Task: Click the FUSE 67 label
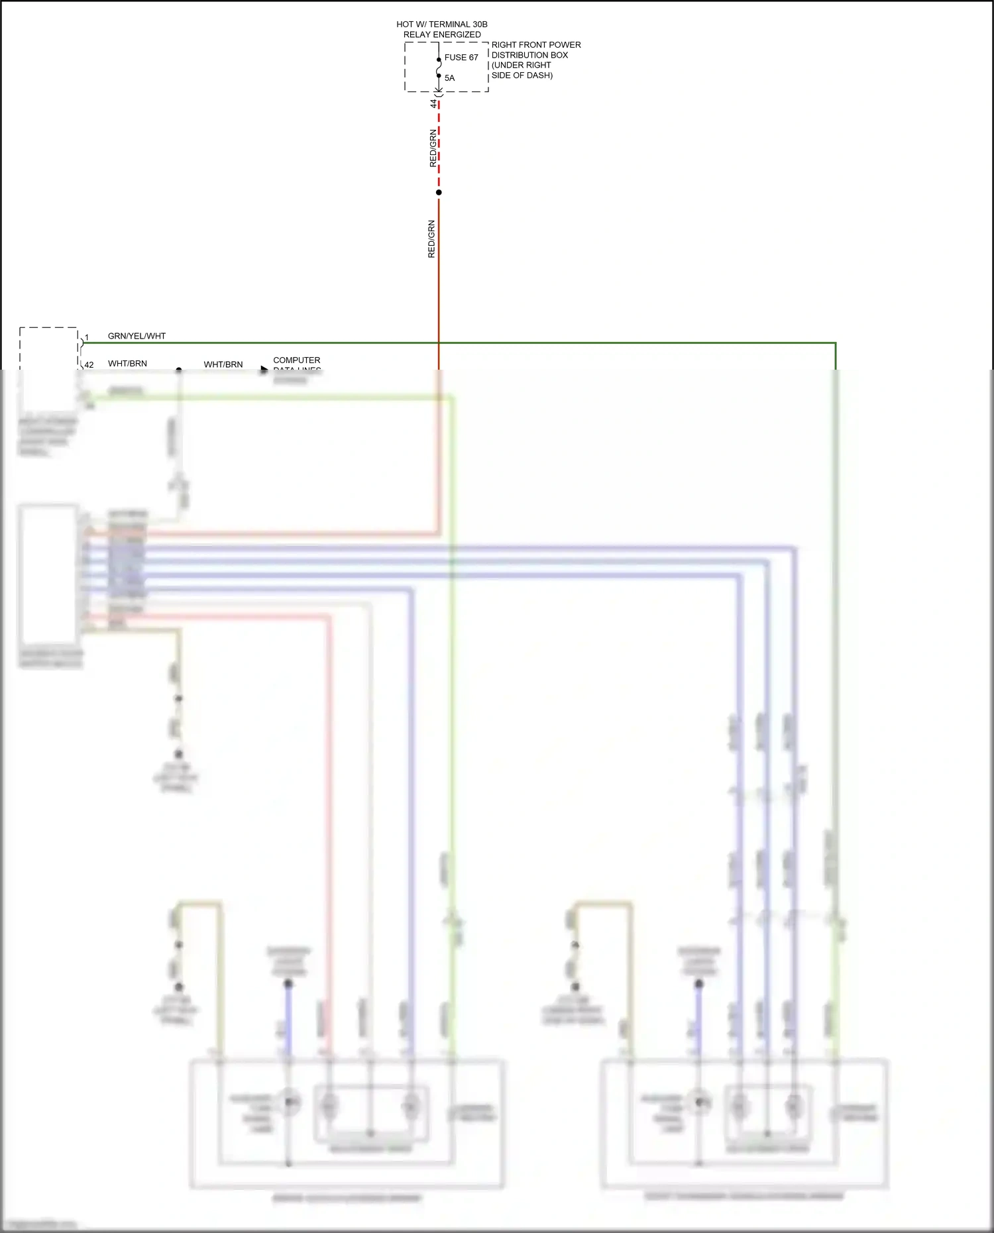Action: pos(461,58)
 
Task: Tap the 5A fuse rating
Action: pos(449,78)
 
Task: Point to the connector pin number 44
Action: pos(434,104)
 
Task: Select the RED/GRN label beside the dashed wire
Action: pos(433,148)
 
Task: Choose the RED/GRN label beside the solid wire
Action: pos(431,239)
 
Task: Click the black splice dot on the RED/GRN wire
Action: pos(439,193)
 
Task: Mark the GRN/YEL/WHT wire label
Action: pos(137,336)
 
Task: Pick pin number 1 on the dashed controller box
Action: pos(87,338)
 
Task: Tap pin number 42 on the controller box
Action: pos(89,365)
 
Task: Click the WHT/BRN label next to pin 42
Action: pos(127,364)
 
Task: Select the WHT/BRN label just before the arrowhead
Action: pos(223,364)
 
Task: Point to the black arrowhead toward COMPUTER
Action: pos(264,369)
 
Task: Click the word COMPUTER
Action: pos(296,360)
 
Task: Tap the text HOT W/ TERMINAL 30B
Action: pos(441,25)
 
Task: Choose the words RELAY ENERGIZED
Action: pos(442,34)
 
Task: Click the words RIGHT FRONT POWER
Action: pos(535,45)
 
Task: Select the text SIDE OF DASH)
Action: pos(522,76)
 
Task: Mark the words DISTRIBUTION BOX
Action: pos(529,55)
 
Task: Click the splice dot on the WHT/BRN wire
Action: pos(179,370)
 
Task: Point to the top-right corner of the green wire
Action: pos(835,343)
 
